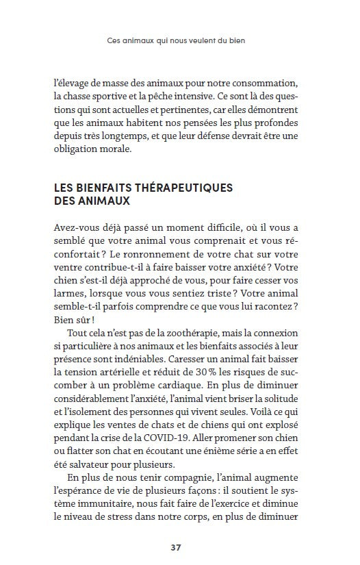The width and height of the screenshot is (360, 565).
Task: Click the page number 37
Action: pos(176,547)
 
